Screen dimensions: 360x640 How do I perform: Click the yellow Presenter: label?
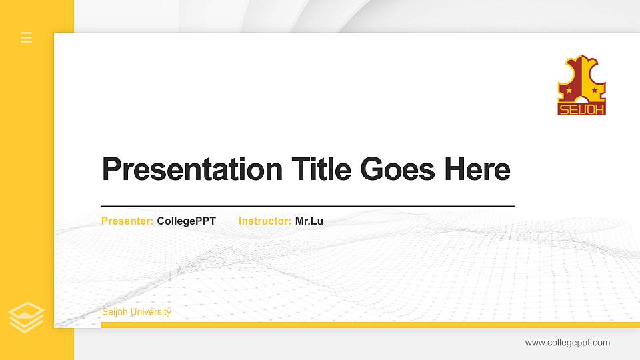tap(127, 221)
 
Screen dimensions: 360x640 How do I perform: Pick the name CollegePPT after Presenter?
tap(187, 221)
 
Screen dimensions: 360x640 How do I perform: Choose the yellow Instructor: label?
tap(265, 221)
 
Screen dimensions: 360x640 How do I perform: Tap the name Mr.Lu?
tap(309, 221)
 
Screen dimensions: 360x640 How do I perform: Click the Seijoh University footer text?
tap(136, 312)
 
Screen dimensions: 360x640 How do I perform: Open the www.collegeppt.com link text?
tap(567, 343)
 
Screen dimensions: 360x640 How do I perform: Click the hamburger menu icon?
tap(27, 37)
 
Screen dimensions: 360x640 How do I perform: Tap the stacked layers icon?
tap(27, 317)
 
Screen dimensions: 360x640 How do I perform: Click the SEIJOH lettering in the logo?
tap(581, 109)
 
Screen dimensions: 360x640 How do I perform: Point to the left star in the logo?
tap(569, 90)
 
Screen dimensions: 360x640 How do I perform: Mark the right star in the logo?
tap(594, 90)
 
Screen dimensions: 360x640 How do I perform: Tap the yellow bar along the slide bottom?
tap(367, 325)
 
